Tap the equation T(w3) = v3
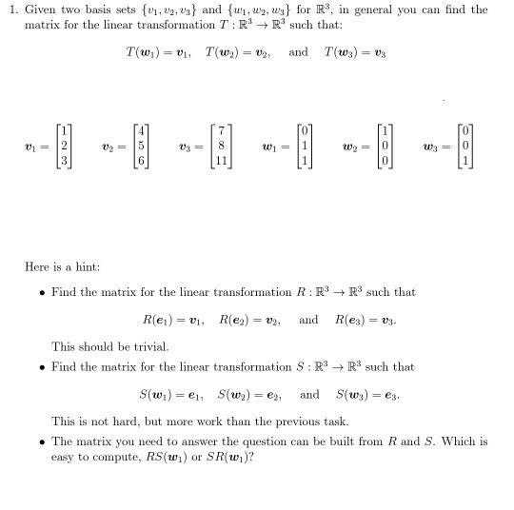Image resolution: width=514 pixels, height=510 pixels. pyautogui.click(x=357, y=51)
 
